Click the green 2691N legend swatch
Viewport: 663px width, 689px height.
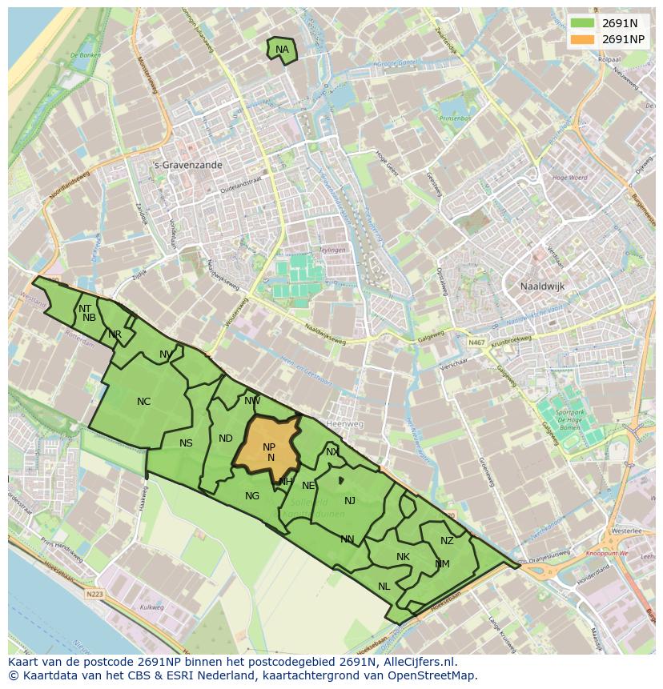click(x=582, y=23)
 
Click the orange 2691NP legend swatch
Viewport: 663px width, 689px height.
click(x=582, y=39)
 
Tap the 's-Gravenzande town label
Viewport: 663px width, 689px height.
click(x=187, y=165)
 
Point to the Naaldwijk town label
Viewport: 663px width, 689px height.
click(x=543, y=285)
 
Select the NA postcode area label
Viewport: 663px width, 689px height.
click(x=282, y=50)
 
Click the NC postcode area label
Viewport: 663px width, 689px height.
click(x=144, y=402)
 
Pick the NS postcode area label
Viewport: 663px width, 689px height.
click(x=186, y=443)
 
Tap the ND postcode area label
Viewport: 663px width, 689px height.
click(x=226, y=439)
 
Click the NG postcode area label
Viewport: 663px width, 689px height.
click(x=252, y=496)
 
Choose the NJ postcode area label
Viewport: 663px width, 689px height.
click(x=350, y=501)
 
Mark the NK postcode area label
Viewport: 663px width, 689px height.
click(x=403, y=557)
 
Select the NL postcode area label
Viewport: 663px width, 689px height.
click(x=384, y=587)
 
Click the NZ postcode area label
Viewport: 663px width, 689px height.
click(x=447, y=541)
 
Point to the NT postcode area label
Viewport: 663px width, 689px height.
click(x=85, y=308)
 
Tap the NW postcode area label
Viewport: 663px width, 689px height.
click(x=252, y=401)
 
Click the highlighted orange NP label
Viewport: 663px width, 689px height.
click(x=269, y=447)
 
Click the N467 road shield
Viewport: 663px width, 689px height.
click(x=477, y=342)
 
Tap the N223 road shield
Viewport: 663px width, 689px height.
click(x=95, y=594)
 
